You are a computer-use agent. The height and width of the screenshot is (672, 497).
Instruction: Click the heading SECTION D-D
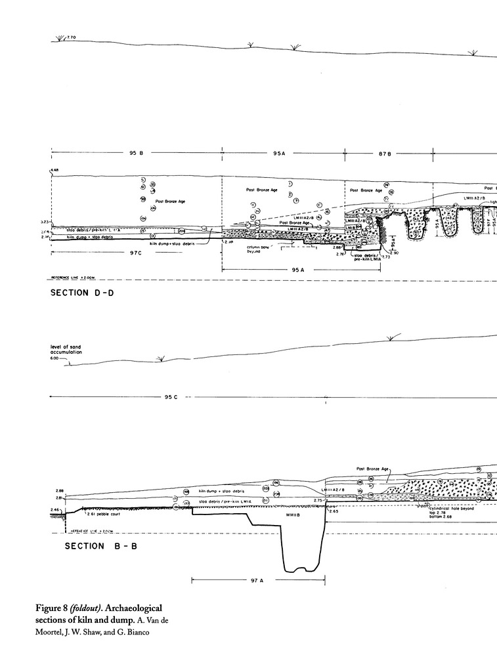[x=82, y=293]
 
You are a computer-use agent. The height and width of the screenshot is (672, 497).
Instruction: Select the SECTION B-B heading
[x=82, y=547]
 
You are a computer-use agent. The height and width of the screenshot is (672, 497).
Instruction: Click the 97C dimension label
[x=136, y=251]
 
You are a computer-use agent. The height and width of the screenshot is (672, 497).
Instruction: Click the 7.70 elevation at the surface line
[x=72, y=38]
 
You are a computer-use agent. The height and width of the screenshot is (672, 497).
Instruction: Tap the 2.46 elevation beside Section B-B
[x=56, y=509]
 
